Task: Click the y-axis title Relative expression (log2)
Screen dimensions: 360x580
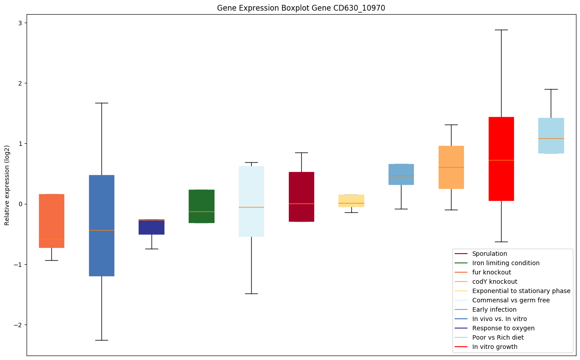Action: [7, 185]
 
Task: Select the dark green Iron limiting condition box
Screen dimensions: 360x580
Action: [202, 206]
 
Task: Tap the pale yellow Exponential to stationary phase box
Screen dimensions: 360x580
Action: [351, 200]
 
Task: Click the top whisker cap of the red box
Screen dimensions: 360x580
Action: [501, 30]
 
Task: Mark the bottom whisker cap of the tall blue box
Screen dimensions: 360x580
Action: [101, 340]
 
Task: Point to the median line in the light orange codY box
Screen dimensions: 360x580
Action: [451, 167]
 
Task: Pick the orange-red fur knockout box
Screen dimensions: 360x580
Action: [51, 221]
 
